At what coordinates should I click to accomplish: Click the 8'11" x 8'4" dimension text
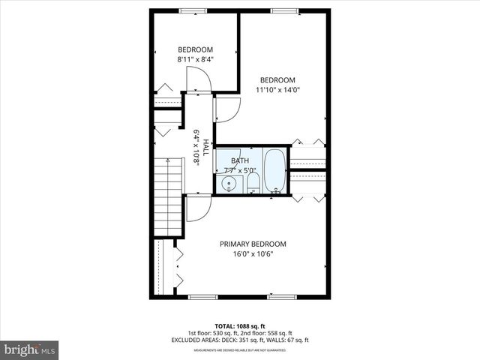click(x=195, y=58)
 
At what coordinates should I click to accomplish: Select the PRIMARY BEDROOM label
click(x=252, y=244)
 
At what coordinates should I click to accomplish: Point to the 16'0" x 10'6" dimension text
click(x=252, y=253)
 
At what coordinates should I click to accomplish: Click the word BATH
click(x=239, y=160)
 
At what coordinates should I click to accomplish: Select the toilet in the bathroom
click(x=253, y=182)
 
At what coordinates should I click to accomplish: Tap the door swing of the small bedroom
click(x=196, y=79)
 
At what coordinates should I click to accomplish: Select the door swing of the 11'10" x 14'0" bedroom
click(x=226, y=109)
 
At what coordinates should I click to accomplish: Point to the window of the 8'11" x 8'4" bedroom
click(x=193, y=10)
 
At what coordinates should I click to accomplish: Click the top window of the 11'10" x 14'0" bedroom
click(x=283, y=10)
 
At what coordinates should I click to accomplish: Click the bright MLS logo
click(x=29, y=349)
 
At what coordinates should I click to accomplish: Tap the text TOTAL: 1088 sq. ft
click(x=240, y=326)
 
